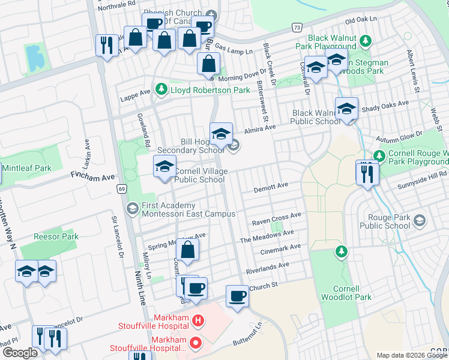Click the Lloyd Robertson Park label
210,90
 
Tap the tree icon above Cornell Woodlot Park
341,250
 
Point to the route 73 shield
297,28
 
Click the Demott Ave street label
267,187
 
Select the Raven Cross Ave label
276,217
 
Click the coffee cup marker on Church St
237,296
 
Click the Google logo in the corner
20,353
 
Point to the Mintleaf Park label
26,169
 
